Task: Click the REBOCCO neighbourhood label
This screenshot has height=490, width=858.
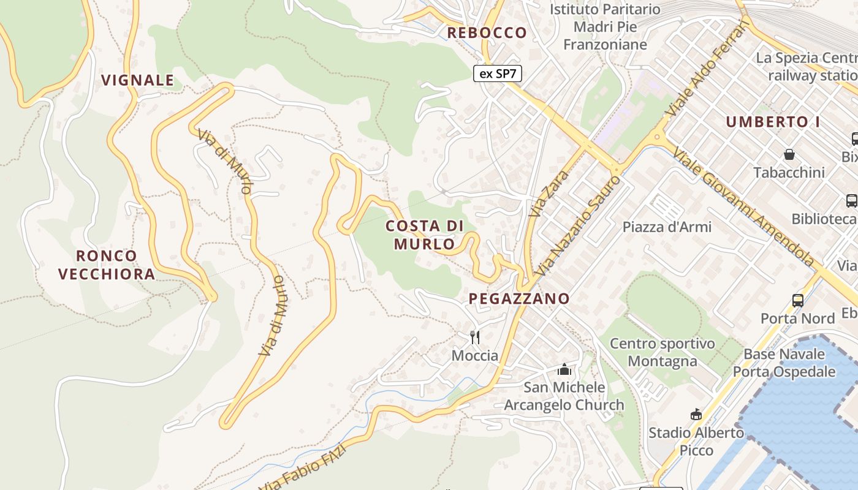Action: pos(487,33)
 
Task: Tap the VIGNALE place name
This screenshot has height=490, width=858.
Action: pos(138,80)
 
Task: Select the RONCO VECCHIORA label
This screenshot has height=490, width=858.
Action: pos(107,265)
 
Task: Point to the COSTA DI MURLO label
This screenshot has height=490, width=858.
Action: pos(425,235)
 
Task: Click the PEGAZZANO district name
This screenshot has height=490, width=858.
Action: pos(519,299)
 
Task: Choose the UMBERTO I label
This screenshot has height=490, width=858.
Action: pos(773,122)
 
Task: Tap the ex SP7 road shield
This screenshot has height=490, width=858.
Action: pos(498,73)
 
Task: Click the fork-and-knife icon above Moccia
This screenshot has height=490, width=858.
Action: pos(474,337)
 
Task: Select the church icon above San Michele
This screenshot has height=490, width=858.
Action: pos(564,370)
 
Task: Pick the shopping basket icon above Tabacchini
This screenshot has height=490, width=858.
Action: pos(789,154)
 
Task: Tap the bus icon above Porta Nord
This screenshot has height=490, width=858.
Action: pos(797,301)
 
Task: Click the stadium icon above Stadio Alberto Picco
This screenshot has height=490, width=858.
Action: pos(696,415)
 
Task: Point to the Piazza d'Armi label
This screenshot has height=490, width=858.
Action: pos(667,227)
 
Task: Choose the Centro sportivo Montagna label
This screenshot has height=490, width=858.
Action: pos(662,352)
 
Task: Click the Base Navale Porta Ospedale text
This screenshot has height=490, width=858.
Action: pos(784,363)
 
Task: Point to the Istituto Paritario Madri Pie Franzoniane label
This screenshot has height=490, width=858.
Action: pos(605,27)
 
